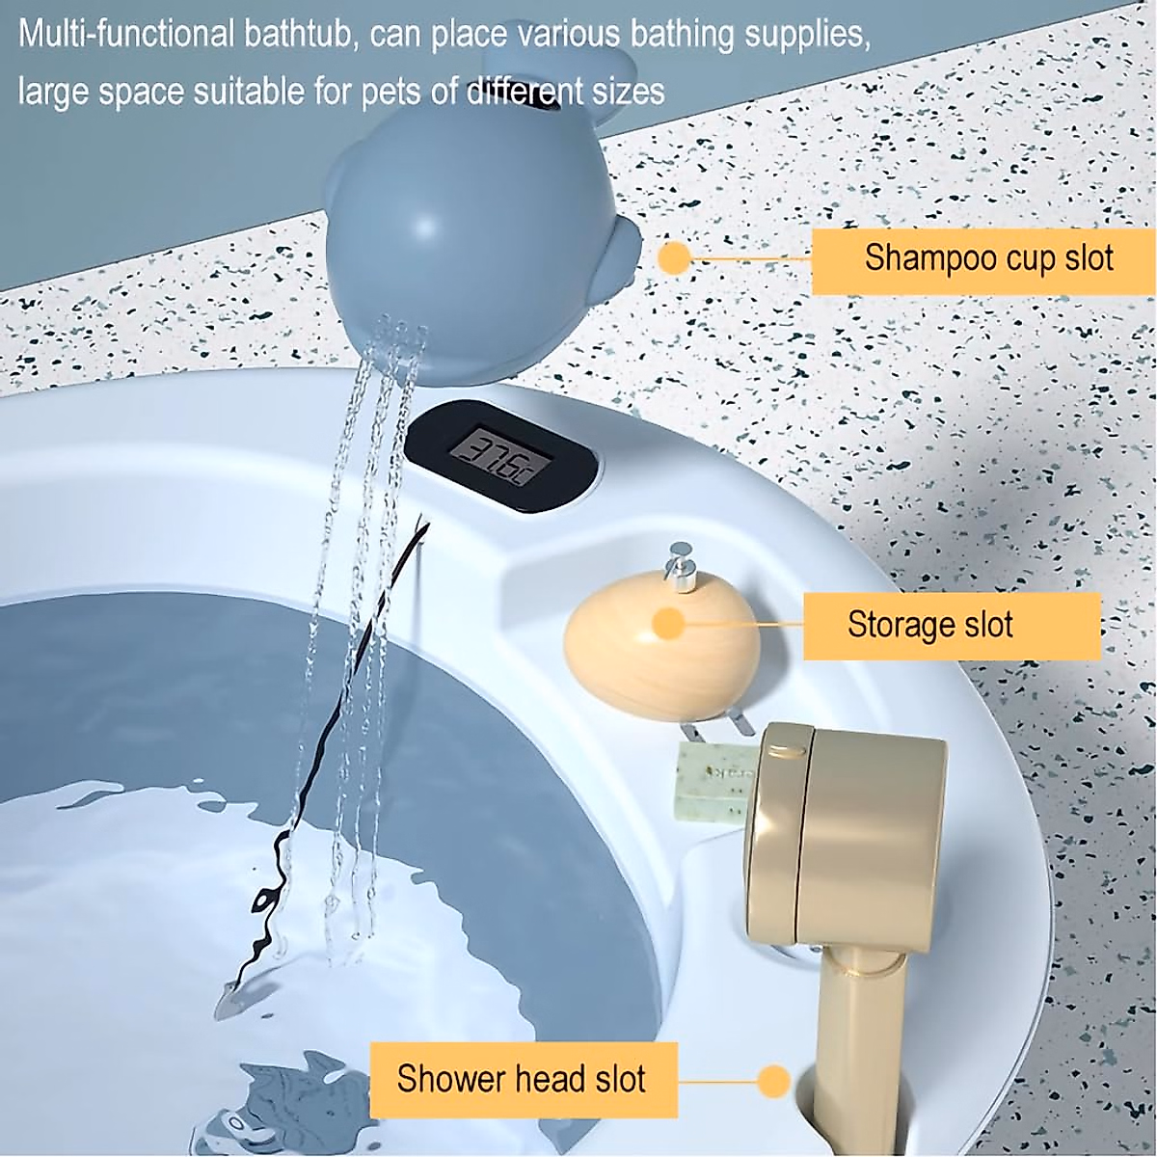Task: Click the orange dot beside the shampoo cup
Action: pyautogui.click(x=675, y=257)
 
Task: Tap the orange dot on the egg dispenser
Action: pyautogui.click(x=669, y=625)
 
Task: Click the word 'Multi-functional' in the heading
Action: pyautogui.click(x=125, y=36)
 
